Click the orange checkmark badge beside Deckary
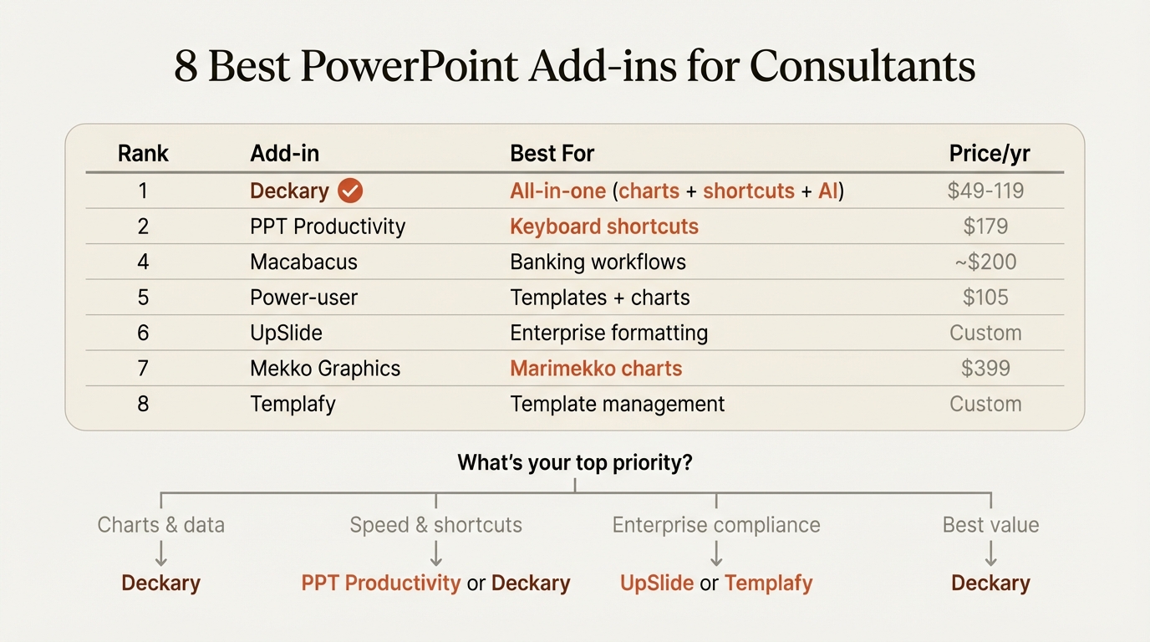(350, 191)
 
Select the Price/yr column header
(990, 154)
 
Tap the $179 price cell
(985, 227)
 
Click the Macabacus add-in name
(303, 262)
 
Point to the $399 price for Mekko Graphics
(985, 369)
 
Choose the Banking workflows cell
(598, 262)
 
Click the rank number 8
(143, 404)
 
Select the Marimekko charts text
(596, 369)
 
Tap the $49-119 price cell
(985, 191)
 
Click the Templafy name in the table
(293, 404)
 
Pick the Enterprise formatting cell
(608, 333)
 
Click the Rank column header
(143, 154)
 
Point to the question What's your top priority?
(575, 462)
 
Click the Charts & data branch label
(161, 525)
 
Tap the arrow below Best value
(990, 553)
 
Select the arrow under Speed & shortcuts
(435, 553)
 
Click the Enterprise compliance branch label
(716, 525)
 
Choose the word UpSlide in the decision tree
(657, 583)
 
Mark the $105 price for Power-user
(985, 298)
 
